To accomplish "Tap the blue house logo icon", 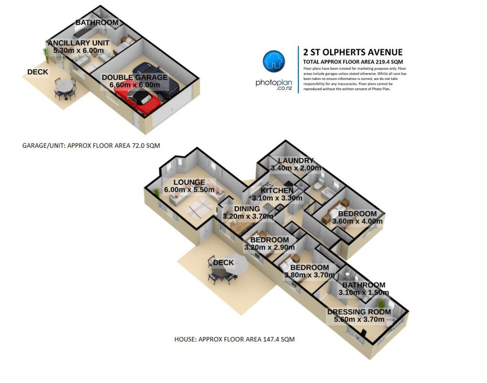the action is coord(274,61).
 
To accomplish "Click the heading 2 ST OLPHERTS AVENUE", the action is coord(353,52).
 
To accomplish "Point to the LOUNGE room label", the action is coord(189,182).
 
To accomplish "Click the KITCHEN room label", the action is coord(277,190).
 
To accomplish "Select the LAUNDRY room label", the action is coord(296,160).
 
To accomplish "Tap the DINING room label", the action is coord(247,209).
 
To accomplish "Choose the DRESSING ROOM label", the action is coord(359,312).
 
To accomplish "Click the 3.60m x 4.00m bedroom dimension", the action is coord(357,221).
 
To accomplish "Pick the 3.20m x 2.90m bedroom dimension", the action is coord(269,248).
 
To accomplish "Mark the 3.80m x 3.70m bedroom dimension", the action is coord(310,275).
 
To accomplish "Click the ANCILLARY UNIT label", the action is coord(78,43).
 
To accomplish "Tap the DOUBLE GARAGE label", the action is coord(134,78).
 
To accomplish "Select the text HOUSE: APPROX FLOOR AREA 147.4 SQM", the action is coord(234,339).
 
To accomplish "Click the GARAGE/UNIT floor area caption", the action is coord(91,146).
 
